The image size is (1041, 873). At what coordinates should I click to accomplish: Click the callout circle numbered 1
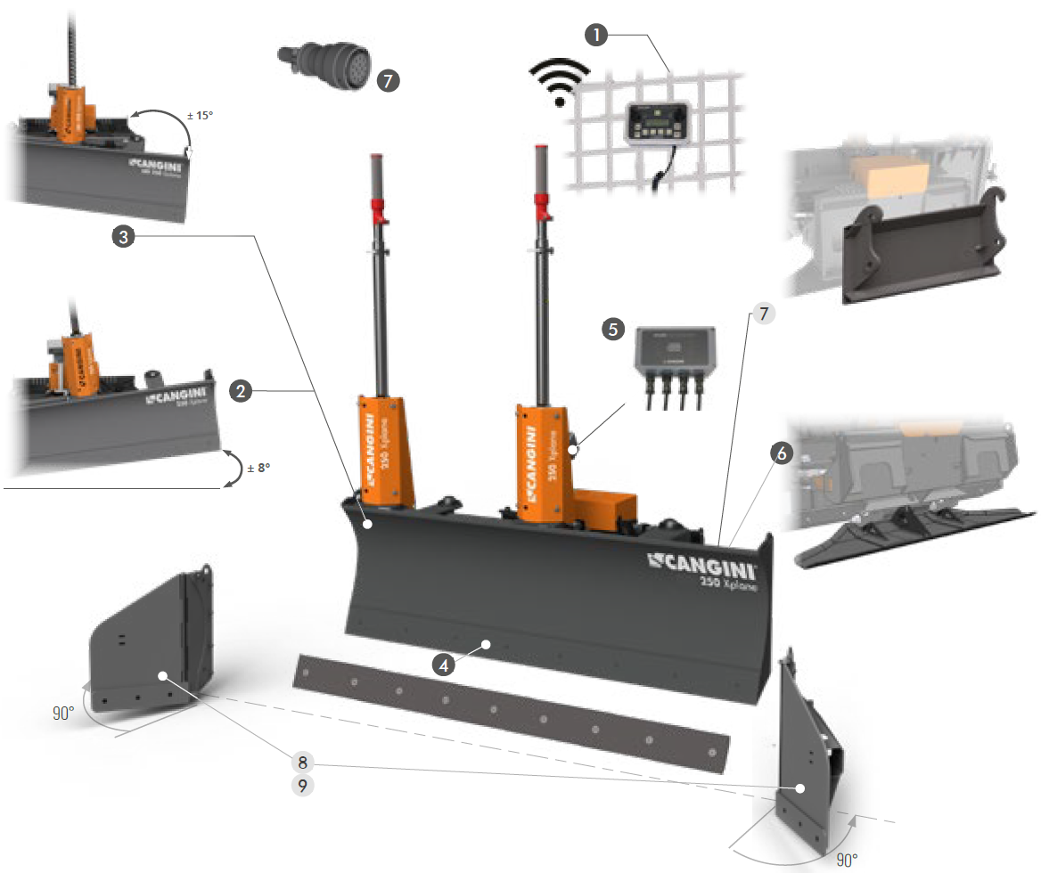click(x=596, y=35)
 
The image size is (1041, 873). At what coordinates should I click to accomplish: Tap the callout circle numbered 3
click(x=123, y=236)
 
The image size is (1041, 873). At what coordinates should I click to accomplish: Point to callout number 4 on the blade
click(x=443, y=664)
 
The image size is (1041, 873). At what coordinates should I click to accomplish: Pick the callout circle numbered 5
click(x=612, y=329)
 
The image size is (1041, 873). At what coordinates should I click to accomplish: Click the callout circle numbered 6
click(x=781, y=453)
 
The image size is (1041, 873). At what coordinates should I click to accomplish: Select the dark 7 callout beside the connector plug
click(x=388, y=80)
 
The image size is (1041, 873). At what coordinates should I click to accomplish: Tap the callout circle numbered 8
click(x=302, y=761)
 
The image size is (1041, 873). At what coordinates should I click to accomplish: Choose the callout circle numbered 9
click(x=302, y=786)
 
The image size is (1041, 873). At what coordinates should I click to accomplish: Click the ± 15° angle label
click(x=201, y=115)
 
